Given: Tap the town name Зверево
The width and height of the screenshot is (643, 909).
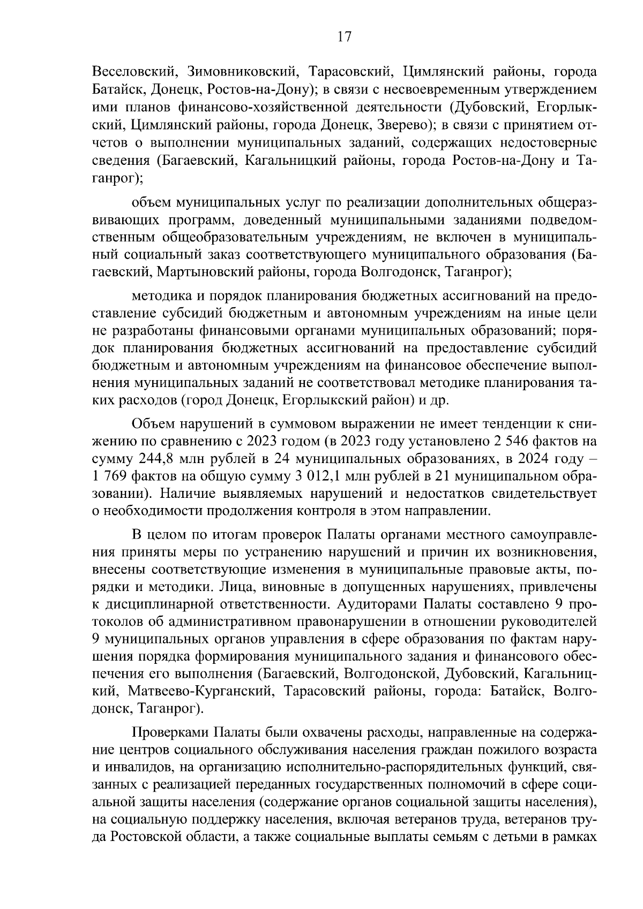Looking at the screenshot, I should (x=406, y=126).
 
